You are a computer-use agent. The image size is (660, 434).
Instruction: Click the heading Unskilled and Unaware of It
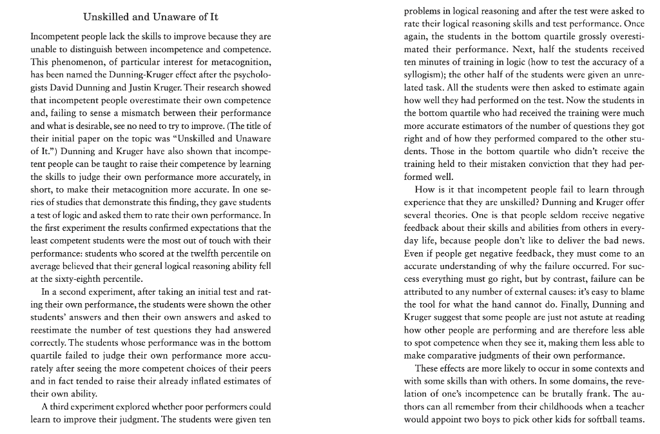(151, 16)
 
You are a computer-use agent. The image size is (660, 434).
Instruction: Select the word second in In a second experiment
(67, 291)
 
